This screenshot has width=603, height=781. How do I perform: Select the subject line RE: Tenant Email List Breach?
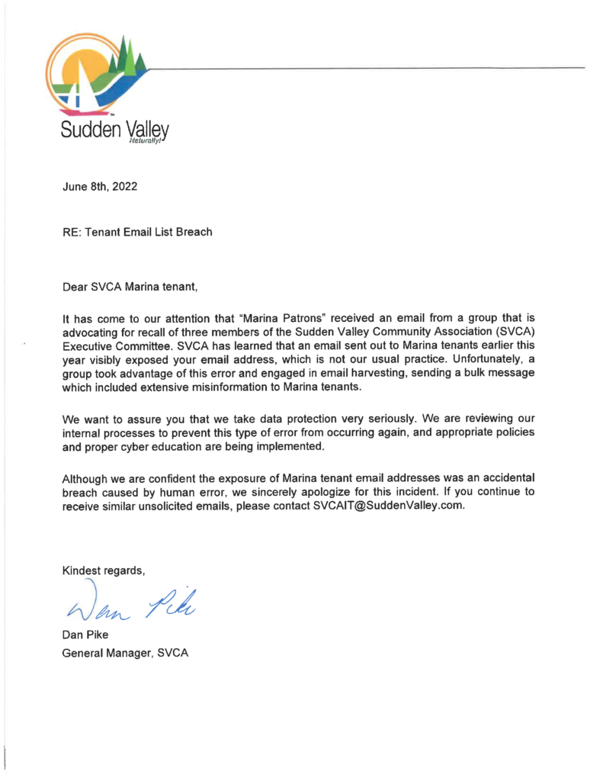[137, 232]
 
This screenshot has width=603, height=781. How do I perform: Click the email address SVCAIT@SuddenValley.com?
[388, 506]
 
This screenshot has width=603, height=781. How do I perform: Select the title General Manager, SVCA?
[126, 653]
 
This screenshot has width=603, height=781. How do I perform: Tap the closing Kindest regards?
[103, 570]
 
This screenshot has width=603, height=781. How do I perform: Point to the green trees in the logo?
[125, 56]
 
